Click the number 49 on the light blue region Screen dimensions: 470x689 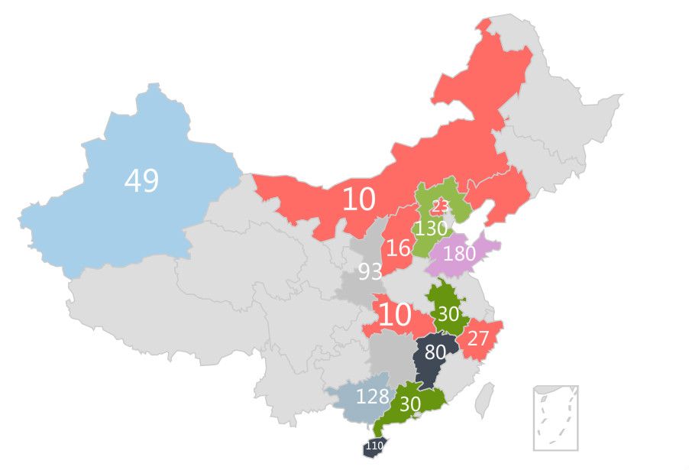coord(141,181)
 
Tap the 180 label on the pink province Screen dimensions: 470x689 coord(459,254)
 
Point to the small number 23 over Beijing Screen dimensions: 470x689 coord(439,206)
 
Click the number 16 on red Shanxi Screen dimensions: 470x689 coord(398,248)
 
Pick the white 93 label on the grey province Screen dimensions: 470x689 coord(370,271)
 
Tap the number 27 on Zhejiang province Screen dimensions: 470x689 coord(478,337)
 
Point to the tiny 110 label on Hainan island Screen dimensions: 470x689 coord(374,446)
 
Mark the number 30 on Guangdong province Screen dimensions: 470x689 coord(410,405)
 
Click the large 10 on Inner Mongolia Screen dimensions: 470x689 coord(358,199)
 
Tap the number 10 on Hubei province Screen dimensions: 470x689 coord(394,315)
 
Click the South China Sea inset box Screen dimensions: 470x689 coord(555,418)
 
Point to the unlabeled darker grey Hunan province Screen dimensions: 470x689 coord(388,355)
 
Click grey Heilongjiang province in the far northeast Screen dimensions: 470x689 coord(565,99)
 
